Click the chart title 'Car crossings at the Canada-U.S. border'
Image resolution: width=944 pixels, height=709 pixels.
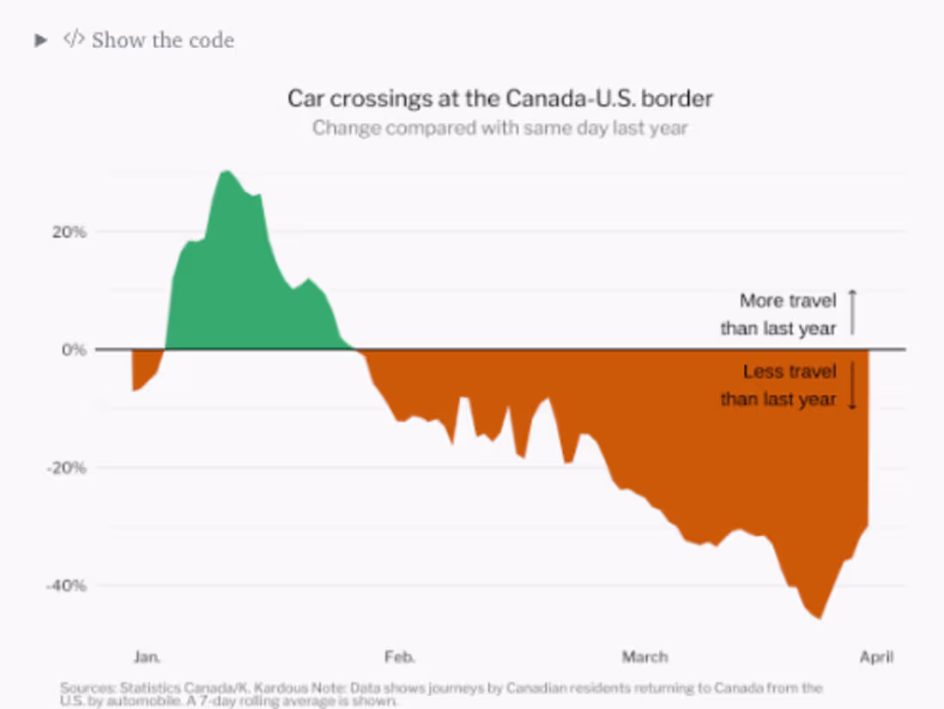click(499, 98)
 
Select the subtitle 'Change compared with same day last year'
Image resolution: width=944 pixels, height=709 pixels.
click(499, 128)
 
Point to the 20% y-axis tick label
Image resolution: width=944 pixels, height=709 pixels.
click(67, 232)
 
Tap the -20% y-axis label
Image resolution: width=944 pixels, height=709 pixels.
click(65, 468)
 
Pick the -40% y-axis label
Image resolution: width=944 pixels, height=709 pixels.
click(65, 586)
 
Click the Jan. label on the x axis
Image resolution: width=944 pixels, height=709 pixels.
click(147, 657)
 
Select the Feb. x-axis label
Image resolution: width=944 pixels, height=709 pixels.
click(399, 657)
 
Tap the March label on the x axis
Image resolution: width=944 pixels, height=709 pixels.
click(644, 657)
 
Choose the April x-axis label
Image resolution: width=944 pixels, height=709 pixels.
click(876, 657)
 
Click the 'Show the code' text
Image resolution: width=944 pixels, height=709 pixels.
click(162, 40)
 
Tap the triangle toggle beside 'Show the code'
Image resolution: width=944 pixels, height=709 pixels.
click(39, 40)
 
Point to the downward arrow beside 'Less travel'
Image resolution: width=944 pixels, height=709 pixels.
click(852, 385)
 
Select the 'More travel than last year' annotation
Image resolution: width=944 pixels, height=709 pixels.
click(778, 314)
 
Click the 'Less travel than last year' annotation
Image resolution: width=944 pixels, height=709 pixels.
click(778, 385)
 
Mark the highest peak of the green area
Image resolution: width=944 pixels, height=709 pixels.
click(226, 173)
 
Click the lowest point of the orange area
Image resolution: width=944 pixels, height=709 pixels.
click(820, 617)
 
